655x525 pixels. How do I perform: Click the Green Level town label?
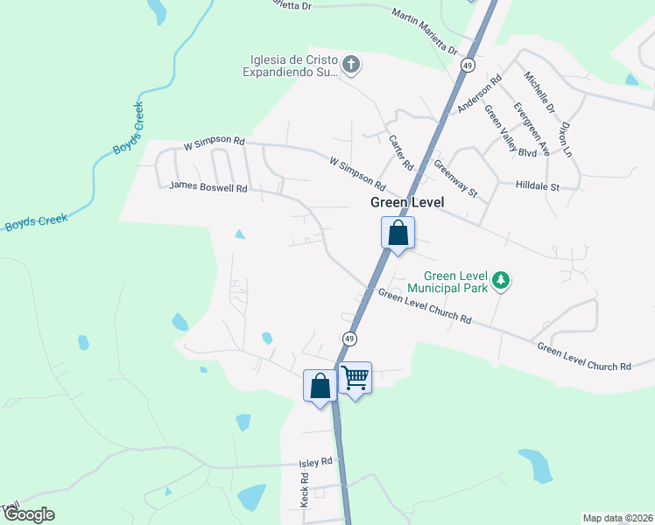click(x=407, y=202)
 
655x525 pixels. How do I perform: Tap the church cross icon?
click(x=350, y=64)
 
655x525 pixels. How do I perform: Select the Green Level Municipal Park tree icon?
click(x=501, y=281)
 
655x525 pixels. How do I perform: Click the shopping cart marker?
click(x=355, y=379)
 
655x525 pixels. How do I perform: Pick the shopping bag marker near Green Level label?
click(x=398, y=234)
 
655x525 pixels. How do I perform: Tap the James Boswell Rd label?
click(x=208, y=186)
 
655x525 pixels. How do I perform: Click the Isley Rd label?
click(x=315, y=461)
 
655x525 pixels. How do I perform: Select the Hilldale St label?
click(x=537, y=186)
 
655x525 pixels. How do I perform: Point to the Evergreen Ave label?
click(x=532, y=129)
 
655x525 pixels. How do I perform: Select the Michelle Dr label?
click(x=539, y=93)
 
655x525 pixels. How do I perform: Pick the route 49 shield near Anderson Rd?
click(x=469, y=66)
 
